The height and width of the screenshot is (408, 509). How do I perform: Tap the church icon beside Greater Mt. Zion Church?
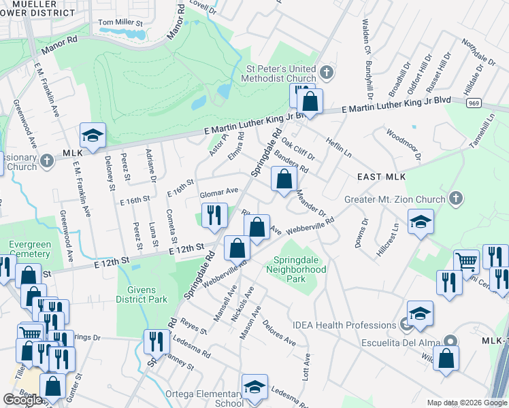point(456,199)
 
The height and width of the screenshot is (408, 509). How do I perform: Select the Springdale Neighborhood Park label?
point(299,270)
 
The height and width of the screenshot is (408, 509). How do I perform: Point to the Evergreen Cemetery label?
point(29,249)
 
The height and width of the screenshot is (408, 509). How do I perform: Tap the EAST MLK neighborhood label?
point(381,177)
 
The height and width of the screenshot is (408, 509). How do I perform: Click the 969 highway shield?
point(474,103)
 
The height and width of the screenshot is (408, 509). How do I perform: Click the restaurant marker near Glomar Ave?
point(214,216)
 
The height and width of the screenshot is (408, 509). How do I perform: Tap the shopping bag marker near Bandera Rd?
point(284,180)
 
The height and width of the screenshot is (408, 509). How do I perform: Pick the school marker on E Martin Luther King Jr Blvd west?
point(93,136)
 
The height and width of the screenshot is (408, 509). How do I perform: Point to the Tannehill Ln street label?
point(487,129)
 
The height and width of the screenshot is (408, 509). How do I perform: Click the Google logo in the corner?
point(22,400)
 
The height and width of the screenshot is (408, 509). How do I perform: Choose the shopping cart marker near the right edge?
point(466,262)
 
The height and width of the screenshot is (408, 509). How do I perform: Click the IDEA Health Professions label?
point(344,326)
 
